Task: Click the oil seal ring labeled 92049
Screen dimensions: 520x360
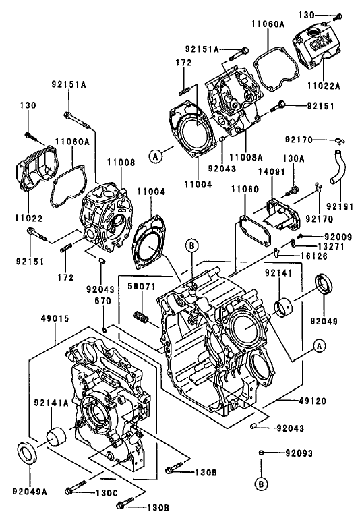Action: pos(326,285)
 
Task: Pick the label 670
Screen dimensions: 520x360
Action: pos(102,301)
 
